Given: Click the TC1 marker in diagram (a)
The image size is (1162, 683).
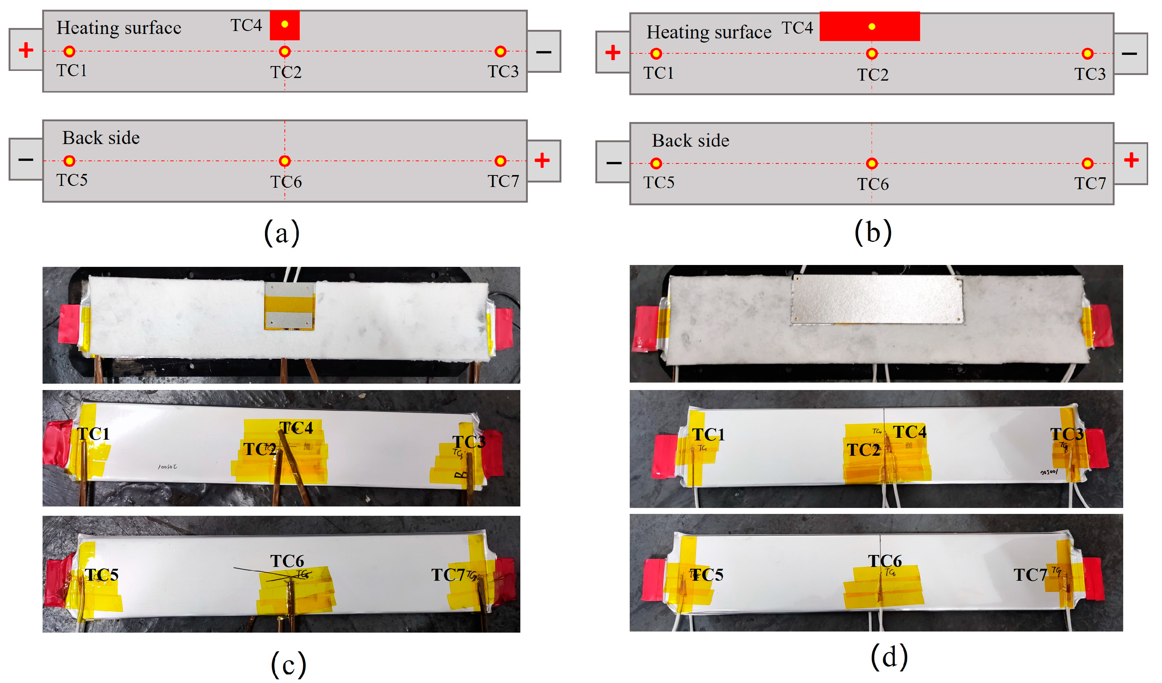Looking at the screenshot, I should coord(69,51).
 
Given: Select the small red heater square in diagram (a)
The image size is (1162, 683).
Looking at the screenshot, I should coord(284,25).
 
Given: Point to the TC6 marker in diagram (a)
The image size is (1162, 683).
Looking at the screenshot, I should coord(284,161).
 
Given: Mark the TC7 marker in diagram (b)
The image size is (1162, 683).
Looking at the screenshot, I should coord(1087,163).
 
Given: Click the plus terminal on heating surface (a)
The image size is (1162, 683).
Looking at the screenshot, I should coord(26,50).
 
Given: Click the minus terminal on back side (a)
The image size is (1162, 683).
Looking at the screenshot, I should coord(26,160).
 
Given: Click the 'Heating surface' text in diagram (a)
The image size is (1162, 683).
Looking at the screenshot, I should coord(119,28).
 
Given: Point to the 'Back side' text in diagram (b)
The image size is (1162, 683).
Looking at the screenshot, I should coord(690,141).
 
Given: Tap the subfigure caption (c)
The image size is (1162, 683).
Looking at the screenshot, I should coord(288,664).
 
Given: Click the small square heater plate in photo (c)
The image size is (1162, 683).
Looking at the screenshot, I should coord(290,306).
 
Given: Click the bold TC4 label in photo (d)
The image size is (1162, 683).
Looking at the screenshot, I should coord(909,432).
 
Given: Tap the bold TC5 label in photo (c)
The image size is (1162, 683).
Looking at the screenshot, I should coord(102,575).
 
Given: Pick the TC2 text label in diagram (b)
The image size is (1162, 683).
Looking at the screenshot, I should coord(872,75).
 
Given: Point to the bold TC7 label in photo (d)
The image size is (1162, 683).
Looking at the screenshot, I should coord(1030,575).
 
